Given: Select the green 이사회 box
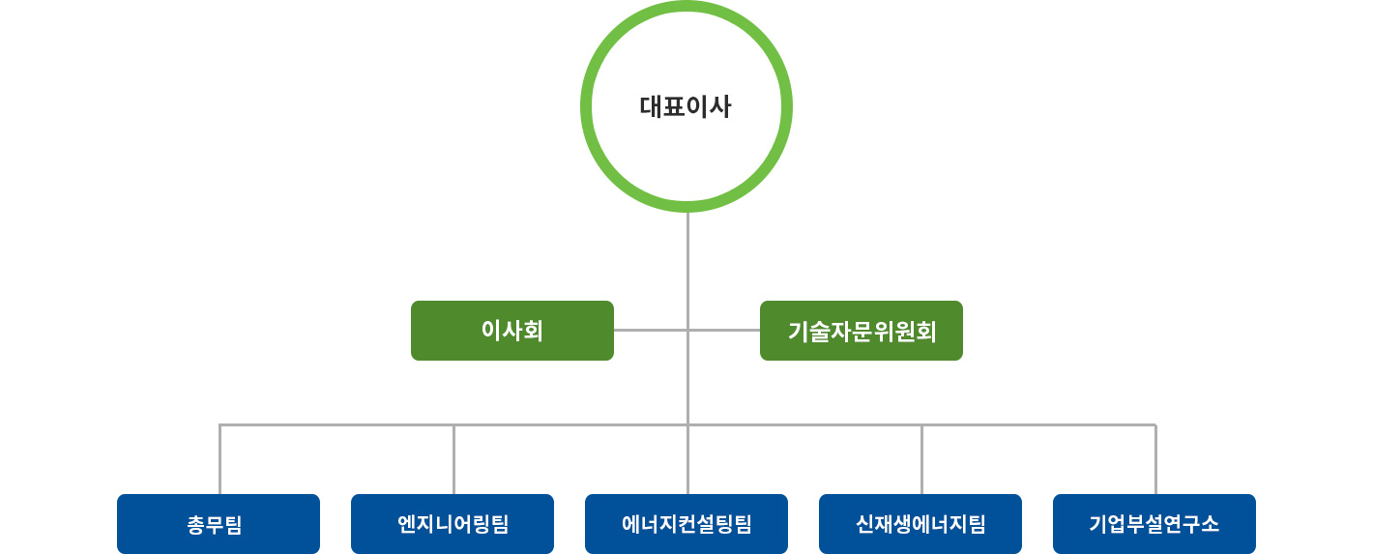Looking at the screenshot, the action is pos(511,331).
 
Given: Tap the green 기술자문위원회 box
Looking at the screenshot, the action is pos(862,331).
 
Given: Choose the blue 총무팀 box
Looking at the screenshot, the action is pos(219,524).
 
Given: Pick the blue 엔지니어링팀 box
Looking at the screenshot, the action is pos(453,524).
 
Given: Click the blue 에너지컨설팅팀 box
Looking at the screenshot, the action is pos(686,524).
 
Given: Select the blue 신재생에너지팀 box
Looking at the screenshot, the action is pos(920,524).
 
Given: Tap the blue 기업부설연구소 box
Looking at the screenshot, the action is pos(1154,524).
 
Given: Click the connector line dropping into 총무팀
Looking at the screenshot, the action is pos(219,459).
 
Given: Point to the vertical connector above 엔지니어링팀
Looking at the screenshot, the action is pos(453,459).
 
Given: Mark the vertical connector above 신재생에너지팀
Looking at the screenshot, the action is pos(921,459).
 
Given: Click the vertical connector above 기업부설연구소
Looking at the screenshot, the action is pos(1156,459).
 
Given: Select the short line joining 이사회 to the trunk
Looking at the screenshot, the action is pos(651,331).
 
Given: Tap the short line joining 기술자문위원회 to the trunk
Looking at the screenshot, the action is pos(724,331).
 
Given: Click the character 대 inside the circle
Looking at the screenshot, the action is pos(651,106).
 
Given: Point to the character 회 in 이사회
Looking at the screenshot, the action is pos(533,331).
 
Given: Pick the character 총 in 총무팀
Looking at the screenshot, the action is pos(196,525).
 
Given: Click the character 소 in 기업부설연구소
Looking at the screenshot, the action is pos(1210,524).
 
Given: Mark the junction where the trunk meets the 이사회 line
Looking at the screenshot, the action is pos(687,331).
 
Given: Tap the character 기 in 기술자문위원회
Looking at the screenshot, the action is pos(798,332).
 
